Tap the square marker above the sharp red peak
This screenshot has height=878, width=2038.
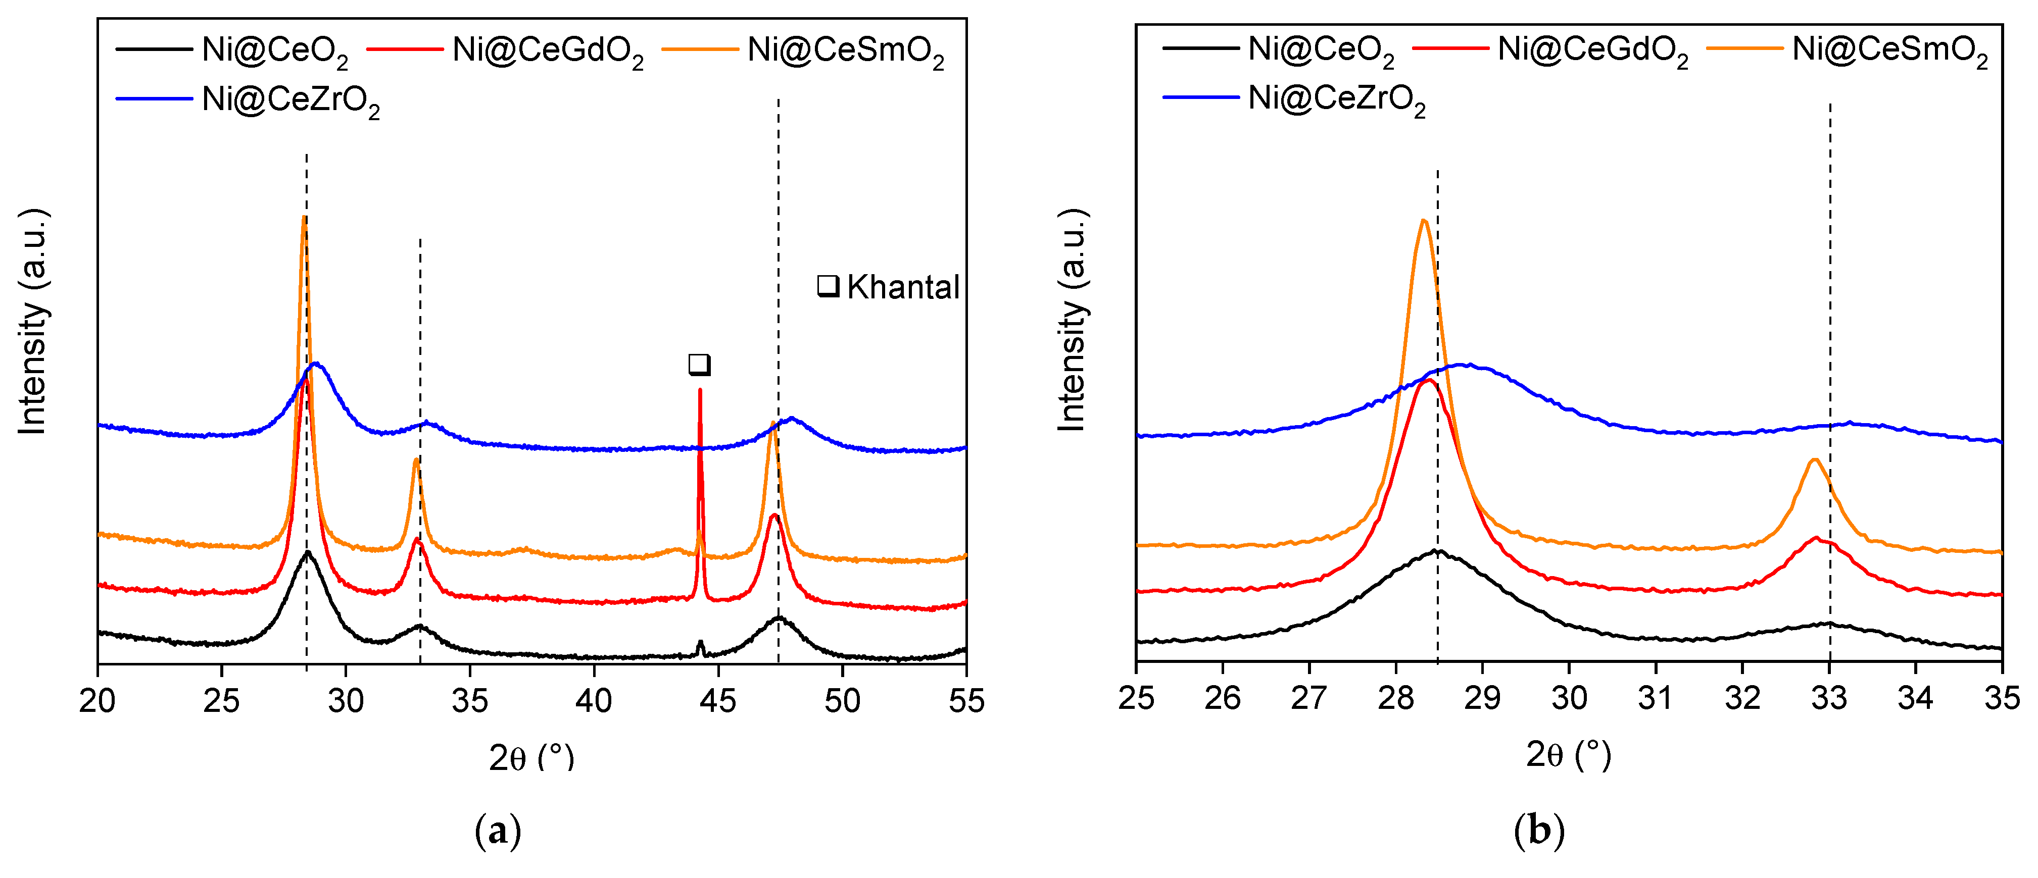[x=699, y=365]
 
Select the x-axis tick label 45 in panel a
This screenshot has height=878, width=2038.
[x=717, y=701]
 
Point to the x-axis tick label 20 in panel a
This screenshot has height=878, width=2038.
[x=98, y=701]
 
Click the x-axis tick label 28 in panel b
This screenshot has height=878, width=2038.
[x=1395, y=698]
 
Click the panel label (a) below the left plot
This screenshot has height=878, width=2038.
[x=498, y=832]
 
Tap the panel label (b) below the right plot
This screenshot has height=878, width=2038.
[x=1539, y=832]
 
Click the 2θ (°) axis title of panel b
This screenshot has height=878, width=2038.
[x=1568, y=755]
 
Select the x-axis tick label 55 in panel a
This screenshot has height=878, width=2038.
[x=965, y=701]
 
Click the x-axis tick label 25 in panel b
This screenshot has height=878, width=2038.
[x=1136, y=698]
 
